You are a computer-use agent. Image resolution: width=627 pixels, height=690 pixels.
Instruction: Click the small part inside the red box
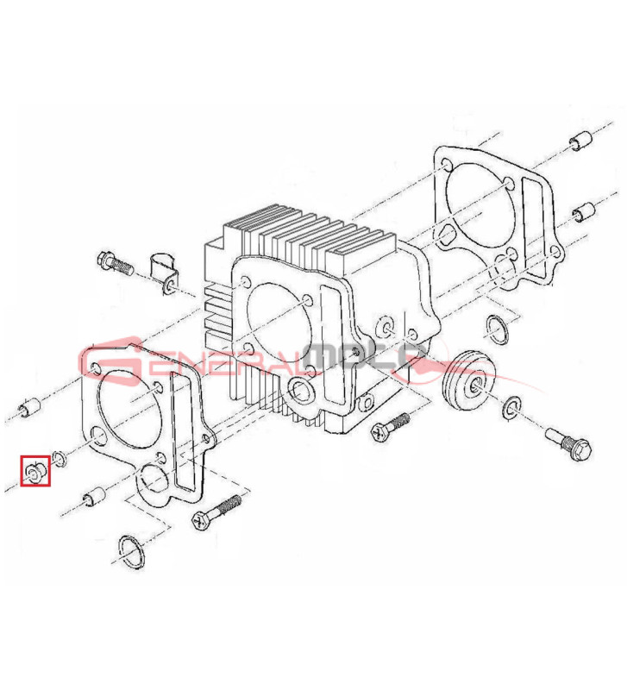click(34, 471)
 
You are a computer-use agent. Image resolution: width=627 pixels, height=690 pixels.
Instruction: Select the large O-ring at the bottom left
click(131, 552)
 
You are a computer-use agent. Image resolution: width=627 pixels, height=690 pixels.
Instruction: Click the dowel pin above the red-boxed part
click(31, 407)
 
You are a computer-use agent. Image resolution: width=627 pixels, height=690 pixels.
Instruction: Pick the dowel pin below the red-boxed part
click(94, 497)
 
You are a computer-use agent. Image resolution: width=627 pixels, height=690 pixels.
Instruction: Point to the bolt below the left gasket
click(216, 511)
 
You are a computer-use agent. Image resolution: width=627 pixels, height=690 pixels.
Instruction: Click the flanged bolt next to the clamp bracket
click(115, 263)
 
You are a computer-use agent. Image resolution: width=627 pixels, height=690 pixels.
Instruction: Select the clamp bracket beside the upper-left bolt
click(164, 273)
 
